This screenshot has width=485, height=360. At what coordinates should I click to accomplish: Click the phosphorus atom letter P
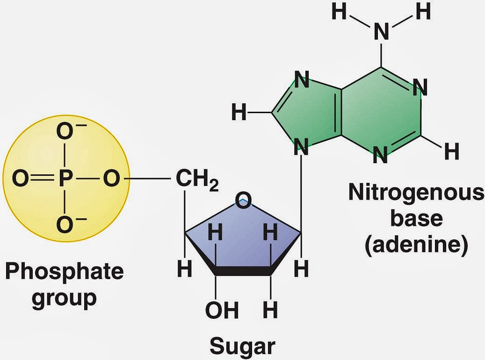(x=65, y=179)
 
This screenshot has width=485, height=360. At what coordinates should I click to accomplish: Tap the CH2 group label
(x=197, y=180)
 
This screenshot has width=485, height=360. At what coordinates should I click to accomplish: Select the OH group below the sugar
(x=222, y=310)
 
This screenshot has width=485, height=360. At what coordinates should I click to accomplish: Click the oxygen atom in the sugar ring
(x=243, y=200)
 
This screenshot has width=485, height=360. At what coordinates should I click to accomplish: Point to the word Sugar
(x=242, y=346)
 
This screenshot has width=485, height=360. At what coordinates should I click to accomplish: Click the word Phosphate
(x=65, y=272)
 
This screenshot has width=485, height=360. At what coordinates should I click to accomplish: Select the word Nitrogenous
(x=416, y=192)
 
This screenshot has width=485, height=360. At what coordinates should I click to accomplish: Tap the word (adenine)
(x=416, y=245)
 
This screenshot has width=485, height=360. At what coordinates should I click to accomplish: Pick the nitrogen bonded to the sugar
(x=301, y=147)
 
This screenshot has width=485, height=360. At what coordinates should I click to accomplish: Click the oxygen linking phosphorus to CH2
(x=111, y=179)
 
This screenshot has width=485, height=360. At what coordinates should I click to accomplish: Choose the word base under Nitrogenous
(x=416, y=218)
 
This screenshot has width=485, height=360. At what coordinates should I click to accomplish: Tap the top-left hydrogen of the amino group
(x=339, y=12)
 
